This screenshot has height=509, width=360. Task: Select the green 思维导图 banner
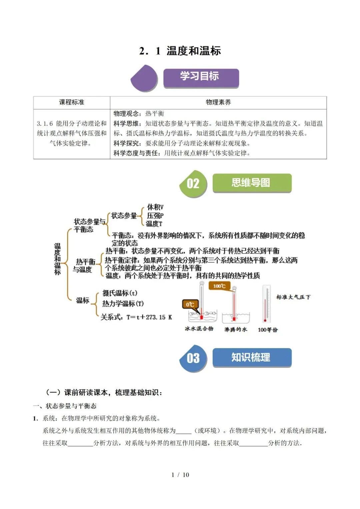coord(252,183)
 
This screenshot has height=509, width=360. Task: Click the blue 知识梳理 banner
coord(252,357)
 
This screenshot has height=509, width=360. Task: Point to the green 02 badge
coord(193,184)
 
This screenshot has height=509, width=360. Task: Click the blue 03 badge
coord(193,358)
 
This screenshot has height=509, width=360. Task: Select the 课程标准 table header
coord(72,102)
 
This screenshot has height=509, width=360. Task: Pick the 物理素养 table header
coord(218,102)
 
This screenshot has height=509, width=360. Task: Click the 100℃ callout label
coord(219,286)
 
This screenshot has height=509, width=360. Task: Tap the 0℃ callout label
coord(190,304)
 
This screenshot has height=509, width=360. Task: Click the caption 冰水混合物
coord(199,329)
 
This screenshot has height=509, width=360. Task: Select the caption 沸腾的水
coord(236,329)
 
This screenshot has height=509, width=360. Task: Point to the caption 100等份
coord(268,330)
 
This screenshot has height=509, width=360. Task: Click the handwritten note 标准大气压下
coord(293,297)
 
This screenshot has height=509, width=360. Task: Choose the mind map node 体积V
coord(155,207)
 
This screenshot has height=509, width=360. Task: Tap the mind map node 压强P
coord(155,216)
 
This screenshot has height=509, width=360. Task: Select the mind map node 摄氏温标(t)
coord(120,293)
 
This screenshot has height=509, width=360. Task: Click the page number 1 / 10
coord(180,475)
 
